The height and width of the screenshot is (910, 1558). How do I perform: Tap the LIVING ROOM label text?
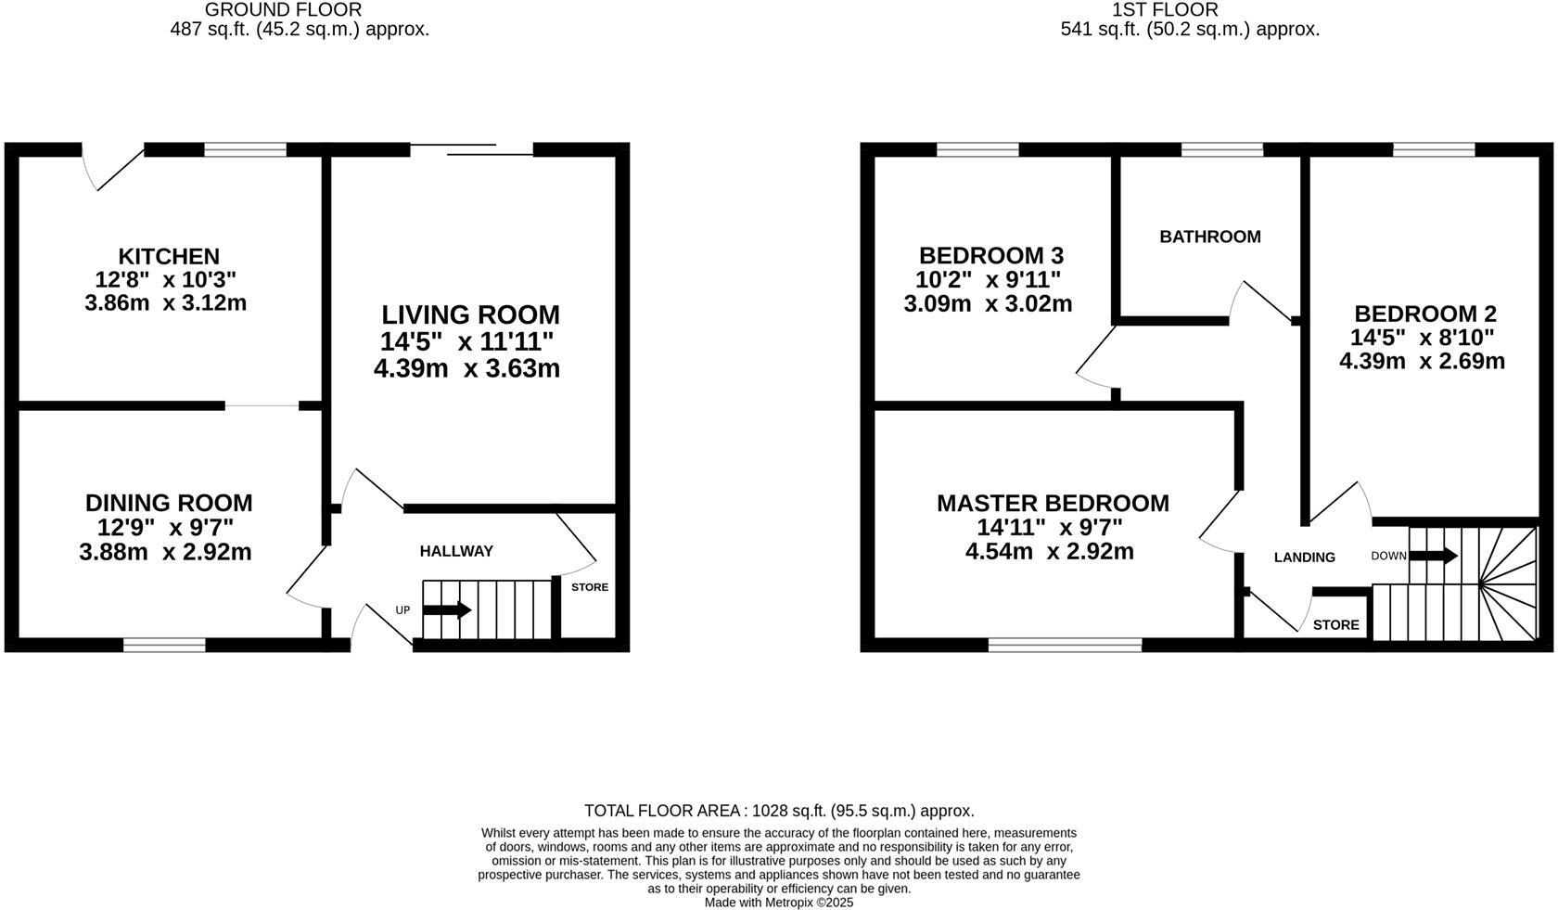click(x=471, y=315)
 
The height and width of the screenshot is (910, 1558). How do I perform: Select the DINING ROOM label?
click(x=169, y=503)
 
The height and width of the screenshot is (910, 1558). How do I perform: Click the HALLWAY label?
click(x=456, y=551)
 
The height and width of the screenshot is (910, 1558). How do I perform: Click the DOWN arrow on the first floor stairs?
click(x=1434, y=556)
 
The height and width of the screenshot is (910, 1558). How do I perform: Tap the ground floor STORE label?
click(x=590, y=587)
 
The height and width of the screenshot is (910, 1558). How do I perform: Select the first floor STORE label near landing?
click(x=1335, y=625)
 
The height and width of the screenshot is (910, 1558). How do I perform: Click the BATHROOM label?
click(x=1209, y=237)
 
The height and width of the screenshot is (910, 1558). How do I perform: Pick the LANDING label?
click(x=1304, y=558)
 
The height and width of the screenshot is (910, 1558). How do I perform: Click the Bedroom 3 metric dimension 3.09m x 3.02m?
click(x=988, y=303)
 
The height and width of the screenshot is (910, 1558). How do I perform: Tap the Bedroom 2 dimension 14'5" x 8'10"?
click(x=1422, y=338)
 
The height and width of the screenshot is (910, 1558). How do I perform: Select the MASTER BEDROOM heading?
click(x=1053, y=504)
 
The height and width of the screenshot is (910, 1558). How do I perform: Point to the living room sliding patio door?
click(x=471, y=149)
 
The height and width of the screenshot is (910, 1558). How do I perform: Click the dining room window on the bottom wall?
click(x=164, y=645)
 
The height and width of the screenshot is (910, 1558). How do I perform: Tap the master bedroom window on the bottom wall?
click(x=1065, y=645)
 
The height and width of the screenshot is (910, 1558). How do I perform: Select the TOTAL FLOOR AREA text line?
click(x=779, y=811)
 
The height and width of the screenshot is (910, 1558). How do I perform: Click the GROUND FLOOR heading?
click(x=283, y=10)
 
